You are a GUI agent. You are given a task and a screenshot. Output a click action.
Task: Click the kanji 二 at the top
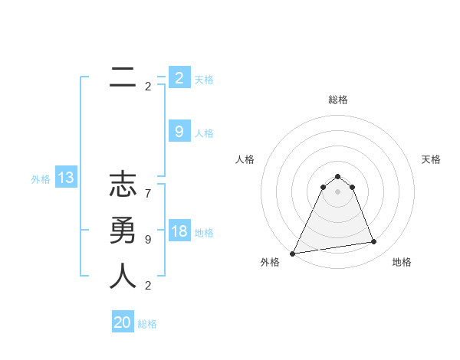coord(123,77)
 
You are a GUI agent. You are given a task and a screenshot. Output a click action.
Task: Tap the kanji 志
coord(123,185)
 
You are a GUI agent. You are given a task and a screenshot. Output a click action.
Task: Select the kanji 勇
coord(123,231)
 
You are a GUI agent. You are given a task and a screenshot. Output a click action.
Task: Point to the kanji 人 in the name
coord(123,276)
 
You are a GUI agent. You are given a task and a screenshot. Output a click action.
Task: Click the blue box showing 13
coord(66,178)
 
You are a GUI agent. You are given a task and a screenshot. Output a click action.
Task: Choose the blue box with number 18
coord(179,232)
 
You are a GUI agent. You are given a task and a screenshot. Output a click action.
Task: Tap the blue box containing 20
coord(123,322)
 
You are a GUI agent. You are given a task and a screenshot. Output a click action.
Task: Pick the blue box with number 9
coord(179,132)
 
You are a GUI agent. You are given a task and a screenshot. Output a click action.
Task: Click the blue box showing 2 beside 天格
coord(179,78)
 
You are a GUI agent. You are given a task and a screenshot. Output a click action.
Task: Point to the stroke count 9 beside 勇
coord(147,239)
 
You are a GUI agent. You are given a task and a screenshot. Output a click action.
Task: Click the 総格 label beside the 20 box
coord(147,324)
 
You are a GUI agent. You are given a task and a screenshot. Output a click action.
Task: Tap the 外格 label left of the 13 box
coord(41,179)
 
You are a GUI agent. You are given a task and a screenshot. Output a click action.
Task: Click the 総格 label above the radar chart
coord(338,100)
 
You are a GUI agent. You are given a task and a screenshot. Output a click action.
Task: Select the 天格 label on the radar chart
coord(432,159)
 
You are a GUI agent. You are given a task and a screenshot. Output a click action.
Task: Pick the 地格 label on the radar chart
coord(402,262)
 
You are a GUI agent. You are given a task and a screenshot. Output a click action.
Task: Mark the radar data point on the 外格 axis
coord(293,254)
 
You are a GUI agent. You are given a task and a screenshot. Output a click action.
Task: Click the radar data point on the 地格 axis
coord(374,242)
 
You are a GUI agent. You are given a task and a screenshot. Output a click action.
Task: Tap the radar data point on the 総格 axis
coord(338,177)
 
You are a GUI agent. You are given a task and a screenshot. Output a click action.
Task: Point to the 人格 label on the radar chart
coord(245,159)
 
